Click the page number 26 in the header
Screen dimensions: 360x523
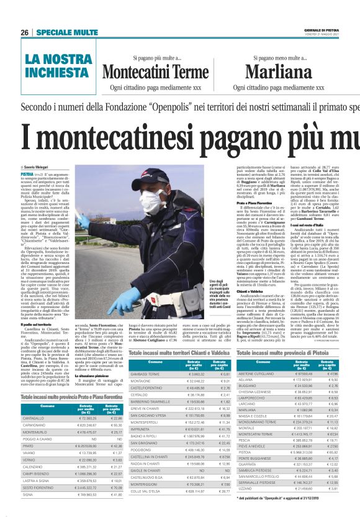pos(25,32)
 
